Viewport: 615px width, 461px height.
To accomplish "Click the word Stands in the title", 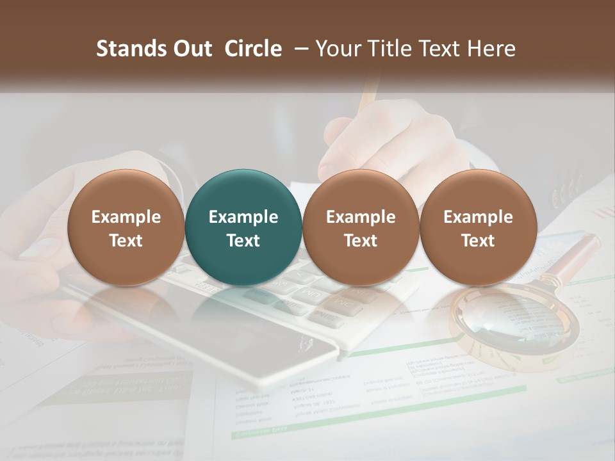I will [x=128, y=49].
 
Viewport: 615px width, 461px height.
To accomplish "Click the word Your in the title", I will [x=337, y=49].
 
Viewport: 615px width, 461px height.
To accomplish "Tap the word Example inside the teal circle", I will [x=243, y=217].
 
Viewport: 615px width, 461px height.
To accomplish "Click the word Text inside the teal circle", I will [x=243, y=241].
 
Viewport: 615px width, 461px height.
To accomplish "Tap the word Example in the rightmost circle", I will [x=478, y=217].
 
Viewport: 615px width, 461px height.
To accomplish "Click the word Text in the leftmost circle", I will [x=126, y=241].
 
